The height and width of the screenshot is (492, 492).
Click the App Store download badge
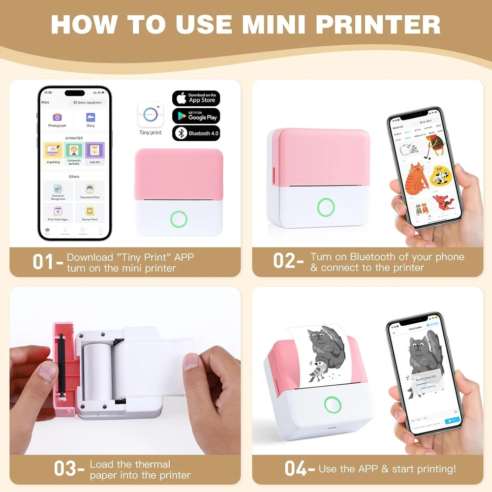(196, 98)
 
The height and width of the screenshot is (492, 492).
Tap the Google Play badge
(196, 116)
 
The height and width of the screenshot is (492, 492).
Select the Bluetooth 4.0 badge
(196, 133)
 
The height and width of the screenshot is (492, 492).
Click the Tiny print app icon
(150, 115)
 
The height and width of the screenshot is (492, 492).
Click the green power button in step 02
(326, 207)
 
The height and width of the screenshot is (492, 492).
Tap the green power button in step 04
(333, 405)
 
